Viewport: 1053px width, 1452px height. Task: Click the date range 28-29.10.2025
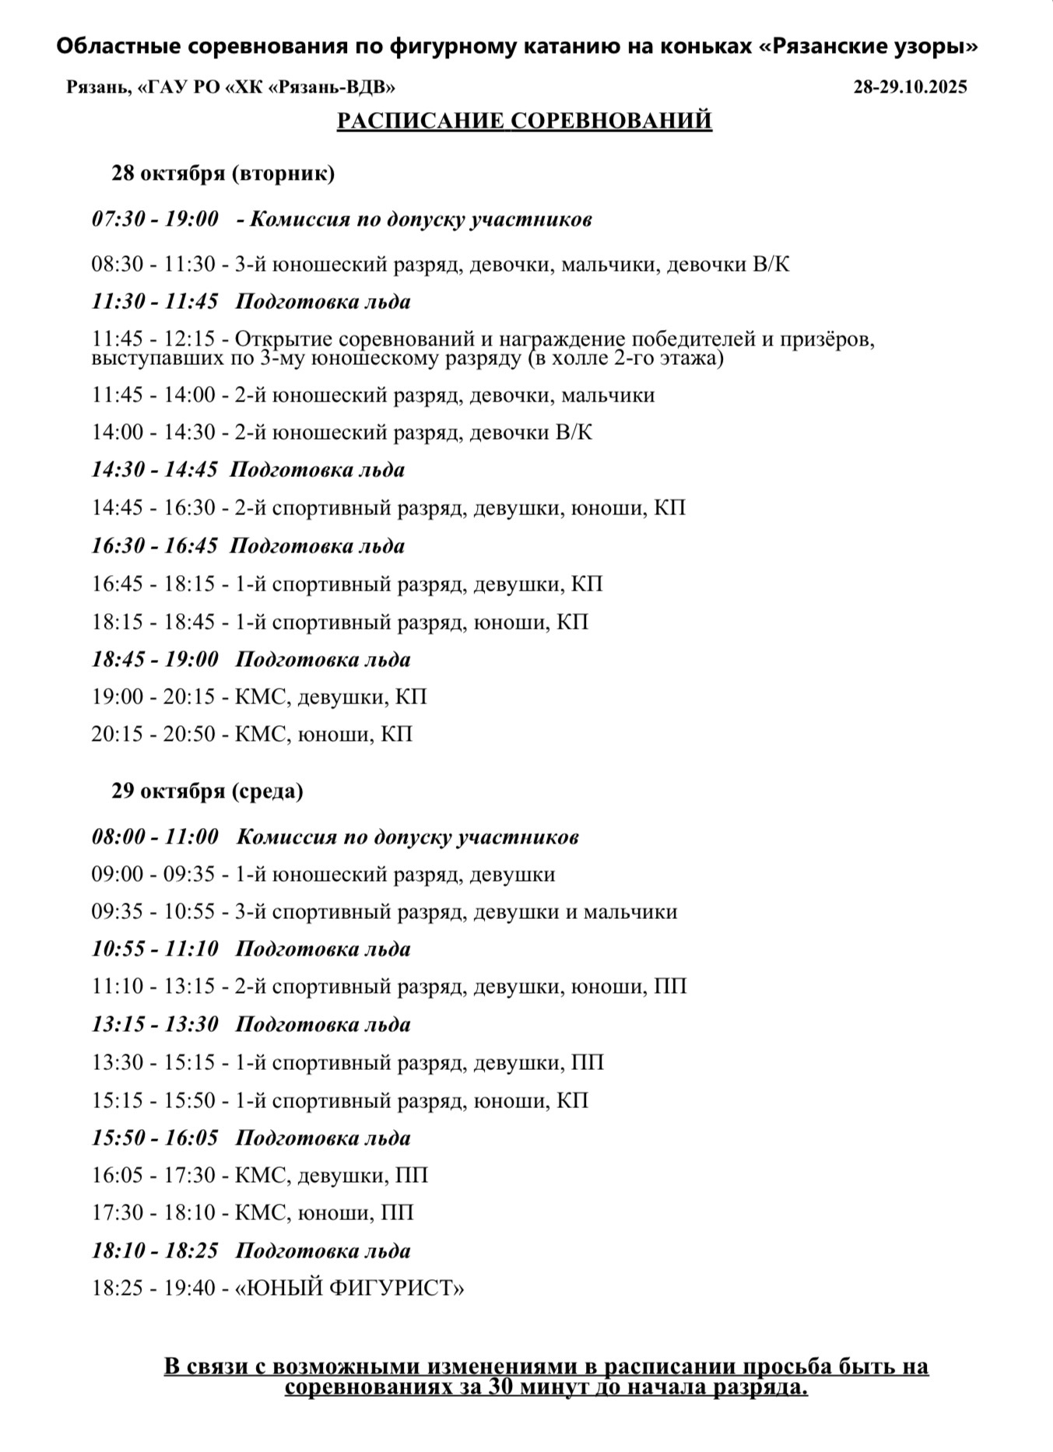(910, 87)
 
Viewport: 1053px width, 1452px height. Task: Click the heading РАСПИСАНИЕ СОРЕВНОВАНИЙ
(524, 121)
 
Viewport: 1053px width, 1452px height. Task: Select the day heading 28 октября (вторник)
(223, 173)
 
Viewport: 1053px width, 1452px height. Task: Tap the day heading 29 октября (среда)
(208, 791)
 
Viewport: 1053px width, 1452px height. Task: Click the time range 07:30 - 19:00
(155, 219)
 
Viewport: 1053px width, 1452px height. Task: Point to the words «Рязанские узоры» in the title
(868, 47)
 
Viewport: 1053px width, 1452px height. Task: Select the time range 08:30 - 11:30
(153, 265)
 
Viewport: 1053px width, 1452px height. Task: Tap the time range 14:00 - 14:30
(153, 432)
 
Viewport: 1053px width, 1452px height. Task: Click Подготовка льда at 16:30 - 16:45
(318, 546)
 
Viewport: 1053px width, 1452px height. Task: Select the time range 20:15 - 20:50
(153, 734)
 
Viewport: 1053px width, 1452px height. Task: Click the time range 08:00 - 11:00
(155, 837)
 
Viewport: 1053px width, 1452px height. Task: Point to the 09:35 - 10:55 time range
(153, 912)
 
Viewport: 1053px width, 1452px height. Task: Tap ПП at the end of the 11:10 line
(670, 987)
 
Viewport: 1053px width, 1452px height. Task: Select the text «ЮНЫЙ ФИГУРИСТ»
(349, 1289)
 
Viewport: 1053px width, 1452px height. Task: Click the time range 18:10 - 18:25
(155, 1251)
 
